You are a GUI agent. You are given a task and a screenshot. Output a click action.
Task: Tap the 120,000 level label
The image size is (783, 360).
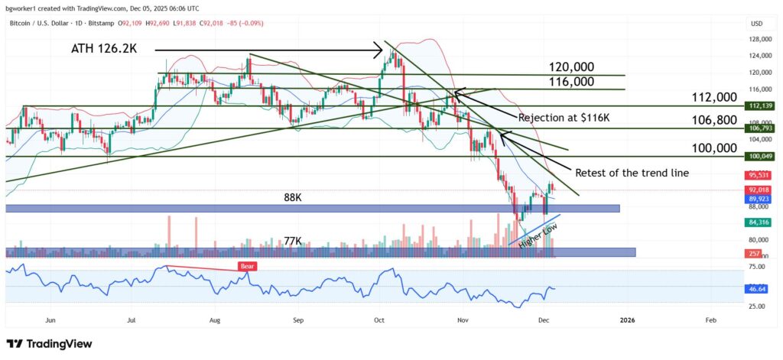pos(572,67)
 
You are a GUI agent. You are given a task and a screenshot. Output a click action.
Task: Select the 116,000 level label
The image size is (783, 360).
pos(572,82)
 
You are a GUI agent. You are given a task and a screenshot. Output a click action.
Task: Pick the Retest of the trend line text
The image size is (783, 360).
pos(632,173)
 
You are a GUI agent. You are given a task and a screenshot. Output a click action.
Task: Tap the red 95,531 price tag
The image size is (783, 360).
pos(757,175)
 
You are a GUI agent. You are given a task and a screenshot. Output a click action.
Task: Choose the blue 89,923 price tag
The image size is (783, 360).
pos(757,198)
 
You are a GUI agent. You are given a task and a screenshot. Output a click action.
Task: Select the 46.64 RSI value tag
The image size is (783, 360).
pos(757,290)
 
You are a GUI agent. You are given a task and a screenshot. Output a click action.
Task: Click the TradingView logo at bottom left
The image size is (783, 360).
pos(49,345)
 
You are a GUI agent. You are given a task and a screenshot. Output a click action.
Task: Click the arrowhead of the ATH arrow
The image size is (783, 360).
pos(379,51)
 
